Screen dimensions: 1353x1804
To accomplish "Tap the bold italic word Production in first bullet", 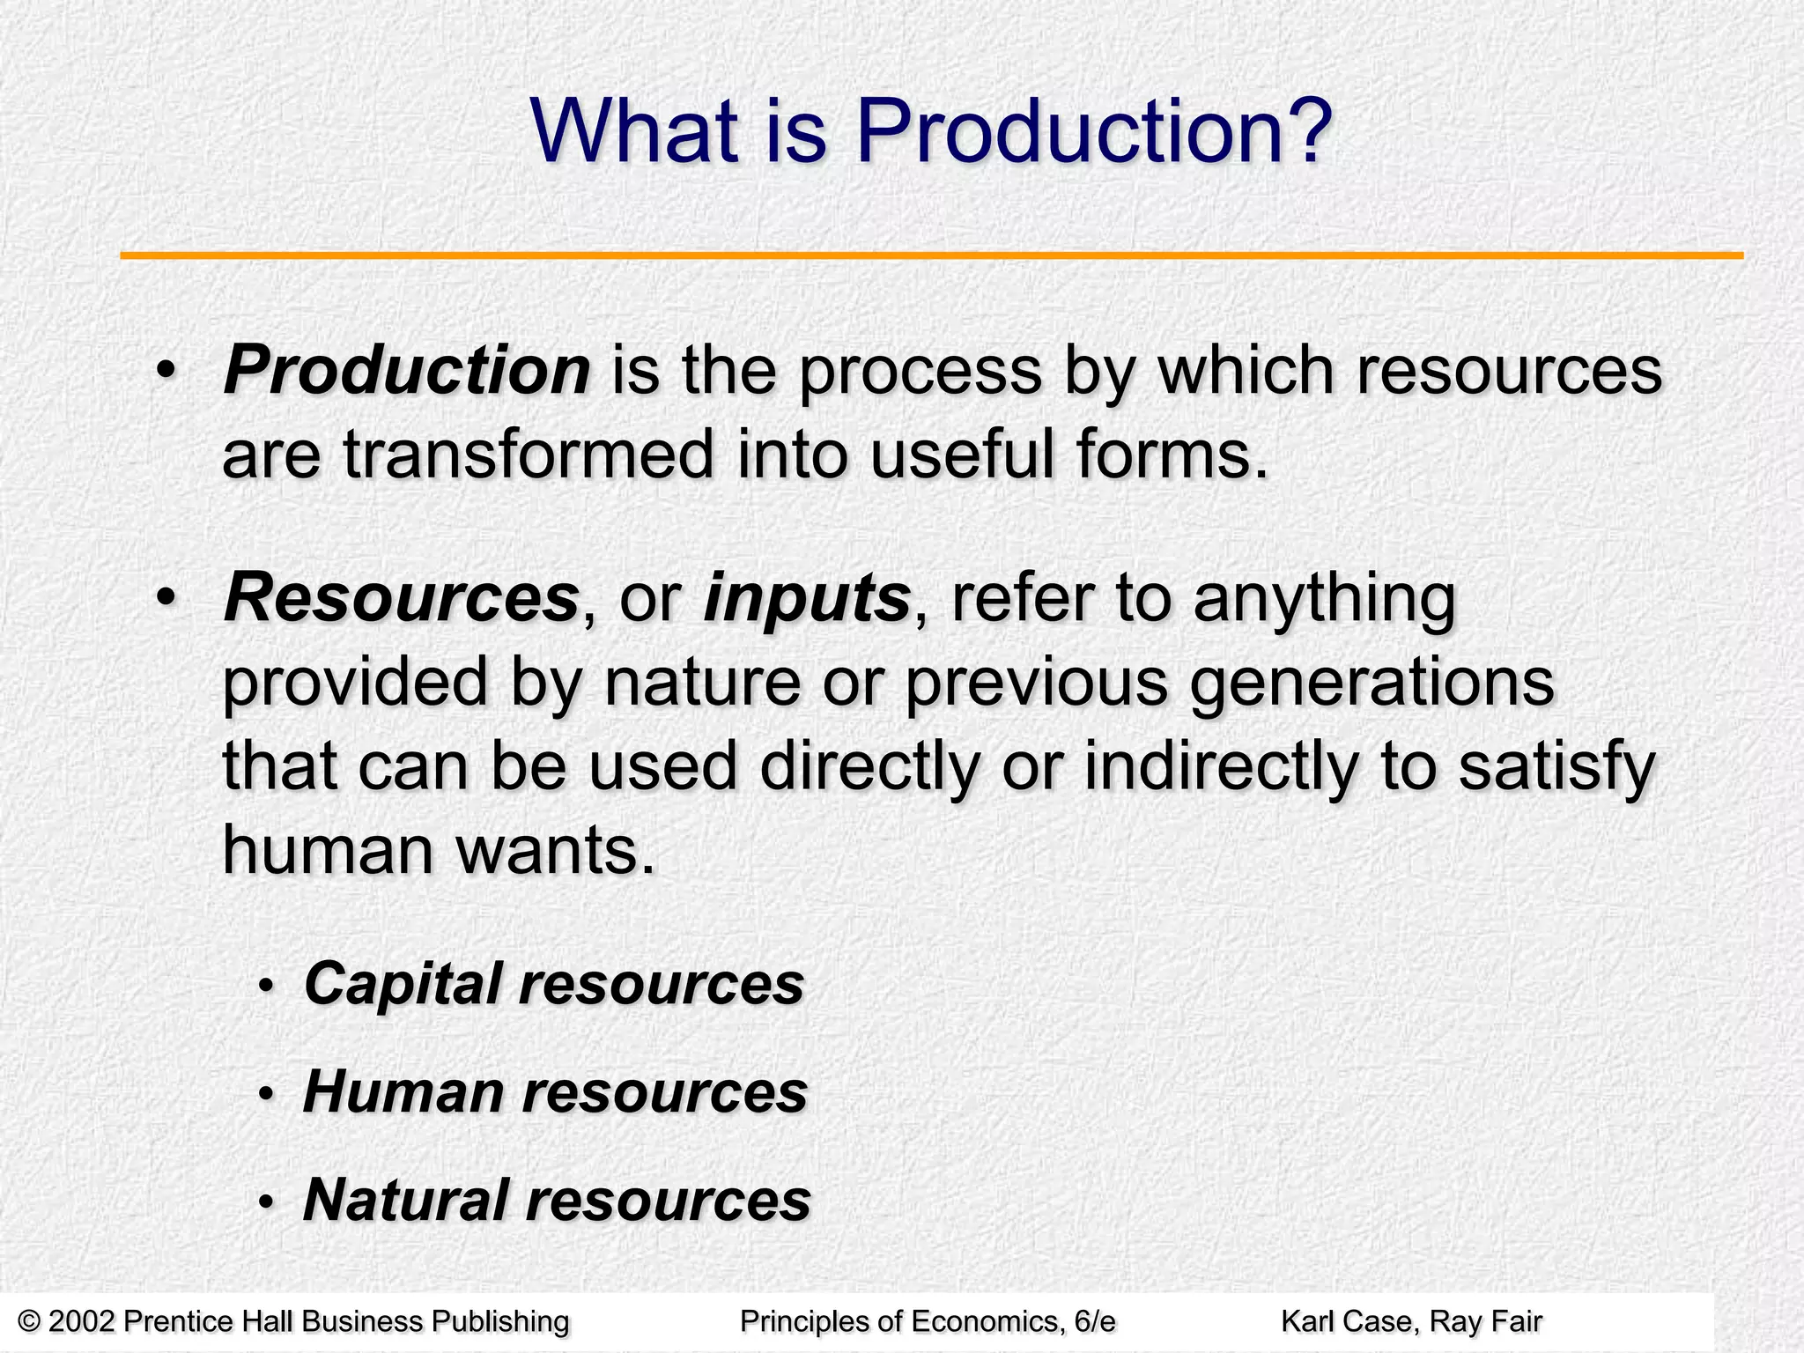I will (x=406, y=370).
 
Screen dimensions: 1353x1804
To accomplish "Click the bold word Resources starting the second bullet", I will (x=401, y=598).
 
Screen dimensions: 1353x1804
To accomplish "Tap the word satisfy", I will (x=1557, y=767).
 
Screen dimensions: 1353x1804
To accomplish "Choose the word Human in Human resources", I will (x=402, y=1091).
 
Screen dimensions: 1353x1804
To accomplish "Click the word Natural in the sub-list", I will (x=406, y=1200).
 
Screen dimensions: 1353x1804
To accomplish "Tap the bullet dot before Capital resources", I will (x=266, y=987).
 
